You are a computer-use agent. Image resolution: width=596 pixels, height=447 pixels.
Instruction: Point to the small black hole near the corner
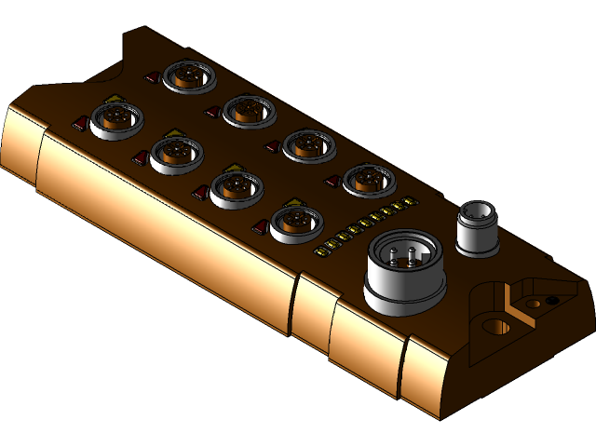point(552,300)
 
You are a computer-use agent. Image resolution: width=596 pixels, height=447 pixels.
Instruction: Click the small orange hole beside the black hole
point(533,304)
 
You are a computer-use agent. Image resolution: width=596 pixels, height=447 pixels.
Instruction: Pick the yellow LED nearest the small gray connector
point(407,203)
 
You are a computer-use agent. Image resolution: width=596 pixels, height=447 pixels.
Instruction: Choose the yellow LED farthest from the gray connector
point(320,250)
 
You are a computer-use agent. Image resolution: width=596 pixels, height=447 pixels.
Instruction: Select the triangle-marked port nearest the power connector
point(295,222)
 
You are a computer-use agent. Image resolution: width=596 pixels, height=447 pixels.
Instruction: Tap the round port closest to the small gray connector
point(368,178)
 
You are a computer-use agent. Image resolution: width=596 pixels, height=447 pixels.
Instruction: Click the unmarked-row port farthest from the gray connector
point(189,74)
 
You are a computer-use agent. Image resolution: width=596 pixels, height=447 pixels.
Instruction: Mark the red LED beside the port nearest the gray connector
point(330,179)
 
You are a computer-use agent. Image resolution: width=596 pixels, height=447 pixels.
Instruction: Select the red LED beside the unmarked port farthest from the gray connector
point(152,76)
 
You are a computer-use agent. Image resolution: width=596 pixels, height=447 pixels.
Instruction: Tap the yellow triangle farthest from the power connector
point(114,98)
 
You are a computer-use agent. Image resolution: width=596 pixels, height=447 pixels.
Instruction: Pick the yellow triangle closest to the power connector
point(295,201)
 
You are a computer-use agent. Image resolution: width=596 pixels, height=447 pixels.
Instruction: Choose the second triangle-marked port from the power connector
point(236,188)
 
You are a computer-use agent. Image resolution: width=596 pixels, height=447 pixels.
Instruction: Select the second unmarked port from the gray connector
point(308,143)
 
